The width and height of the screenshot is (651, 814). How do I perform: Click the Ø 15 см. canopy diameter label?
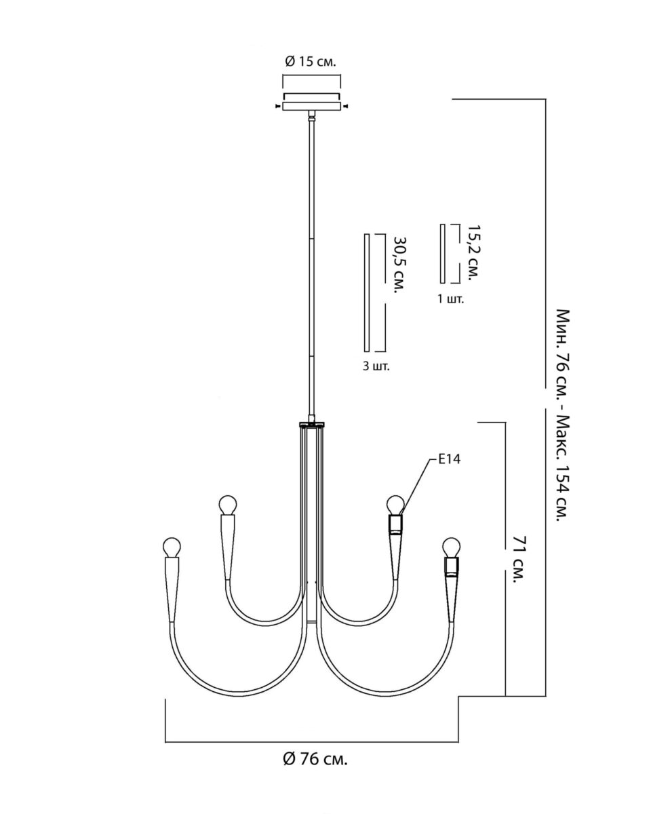[310, 62]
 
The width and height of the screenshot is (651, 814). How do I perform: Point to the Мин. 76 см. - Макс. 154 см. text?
[562, 414]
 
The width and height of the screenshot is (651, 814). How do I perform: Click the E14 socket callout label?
[450, 460]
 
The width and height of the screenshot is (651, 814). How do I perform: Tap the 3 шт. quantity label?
[376, 366]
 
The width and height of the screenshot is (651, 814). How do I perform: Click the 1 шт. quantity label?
[451, 298]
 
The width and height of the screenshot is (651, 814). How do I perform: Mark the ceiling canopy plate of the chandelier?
[311, 102]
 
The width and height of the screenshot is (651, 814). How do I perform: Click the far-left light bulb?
[173, 546]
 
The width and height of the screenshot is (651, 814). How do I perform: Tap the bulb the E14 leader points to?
[394, 505]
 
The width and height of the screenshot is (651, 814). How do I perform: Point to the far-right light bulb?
[451, 547]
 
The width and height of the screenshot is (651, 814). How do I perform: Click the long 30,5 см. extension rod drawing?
[367, 293]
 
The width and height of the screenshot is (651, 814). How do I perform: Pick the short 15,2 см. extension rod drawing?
[442, 253]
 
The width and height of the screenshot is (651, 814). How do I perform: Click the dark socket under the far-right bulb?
[452, 566]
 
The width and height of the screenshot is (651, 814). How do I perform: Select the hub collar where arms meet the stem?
[312, 425]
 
